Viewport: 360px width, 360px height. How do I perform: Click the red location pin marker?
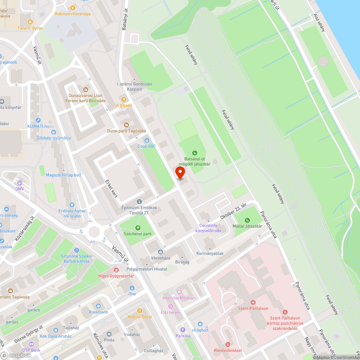coord(180,173)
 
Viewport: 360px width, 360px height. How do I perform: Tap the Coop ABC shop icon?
coord(147,140)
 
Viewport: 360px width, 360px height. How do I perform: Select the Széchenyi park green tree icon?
coord(138,228)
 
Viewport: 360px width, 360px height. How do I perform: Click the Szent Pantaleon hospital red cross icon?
coord(253,302)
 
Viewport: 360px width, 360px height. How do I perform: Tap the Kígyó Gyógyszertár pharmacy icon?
coord(116,270)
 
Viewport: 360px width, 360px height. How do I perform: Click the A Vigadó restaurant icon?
coord(124,99)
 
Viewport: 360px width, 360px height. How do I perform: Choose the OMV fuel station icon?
coord(19,183)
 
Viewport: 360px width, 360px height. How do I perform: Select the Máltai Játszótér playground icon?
coord(247,220)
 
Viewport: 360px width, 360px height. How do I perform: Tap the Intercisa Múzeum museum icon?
coord(179,292)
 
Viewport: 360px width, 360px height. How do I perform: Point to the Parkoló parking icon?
coord(183,329)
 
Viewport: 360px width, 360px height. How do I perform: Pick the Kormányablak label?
coord(210,253)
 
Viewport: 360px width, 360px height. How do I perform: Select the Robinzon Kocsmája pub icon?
coord(72,8)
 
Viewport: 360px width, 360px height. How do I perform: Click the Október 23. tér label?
coord(233,213)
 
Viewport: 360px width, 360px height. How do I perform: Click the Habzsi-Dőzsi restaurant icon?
coord(140,310)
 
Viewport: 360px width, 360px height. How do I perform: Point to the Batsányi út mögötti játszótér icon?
coord(195,153)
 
